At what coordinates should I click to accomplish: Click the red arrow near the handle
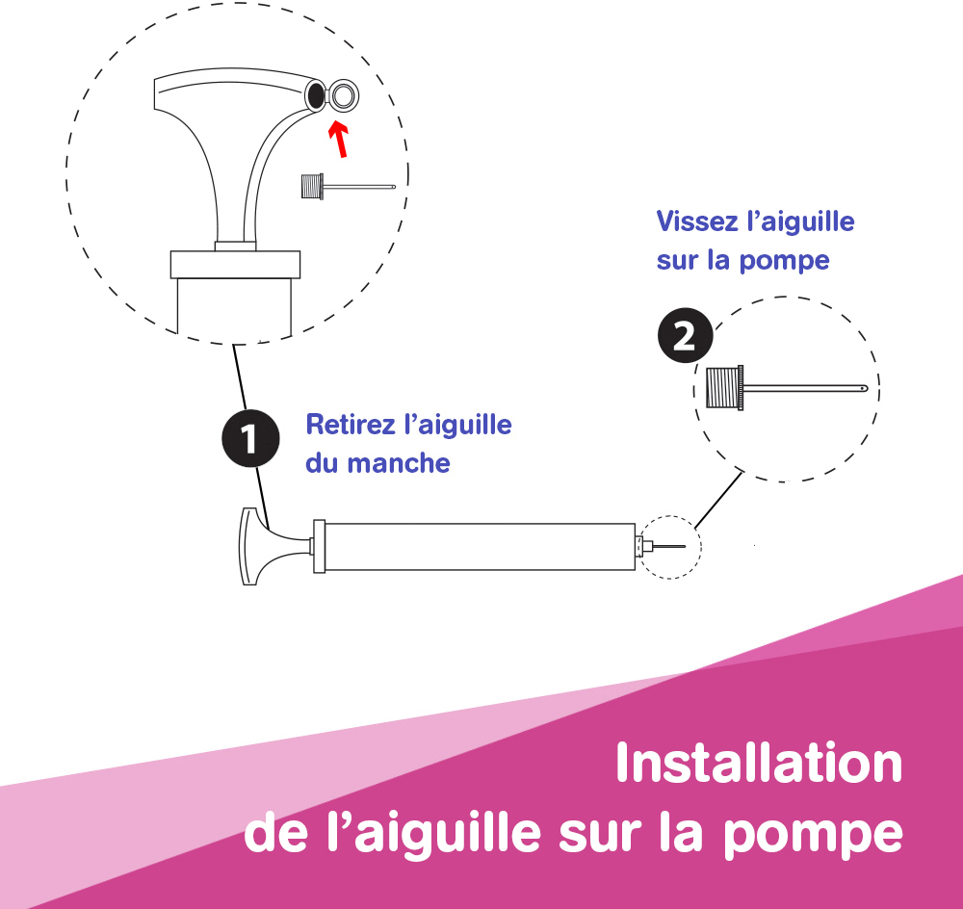click(339, 140)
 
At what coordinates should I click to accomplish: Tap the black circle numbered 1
click(250, 438)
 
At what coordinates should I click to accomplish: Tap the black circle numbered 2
click(686, 335)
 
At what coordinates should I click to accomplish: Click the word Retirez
click(351, 425)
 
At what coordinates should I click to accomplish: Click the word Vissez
click(697, 221)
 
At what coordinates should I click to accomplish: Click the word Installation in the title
click(759, 763)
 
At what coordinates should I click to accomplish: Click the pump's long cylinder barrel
click(480, 547)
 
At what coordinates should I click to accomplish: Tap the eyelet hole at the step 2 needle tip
click(863, 388)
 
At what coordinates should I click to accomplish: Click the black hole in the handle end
click(315, 94)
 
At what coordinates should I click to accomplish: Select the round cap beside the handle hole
click(344, 96)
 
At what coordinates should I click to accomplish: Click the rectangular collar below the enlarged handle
click(235, 264)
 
